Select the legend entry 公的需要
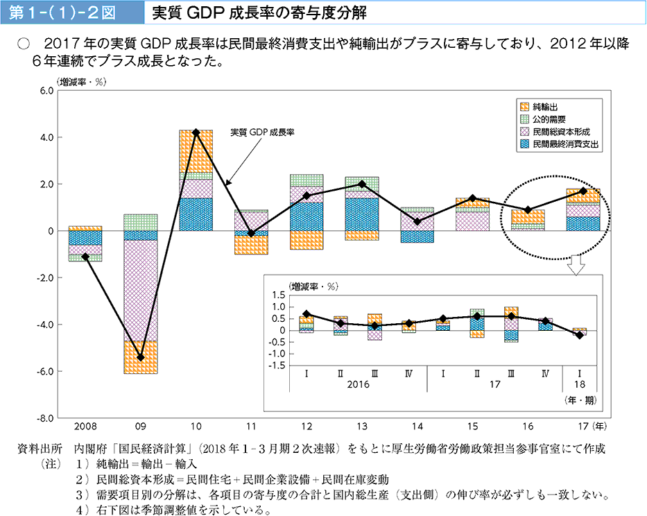[549, 119]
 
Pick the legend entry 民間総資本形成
[560, 131]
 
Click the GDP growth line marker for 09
[141, 358]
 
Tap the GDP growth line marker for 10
[196, 132]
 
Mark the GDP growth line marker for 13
[362, 184]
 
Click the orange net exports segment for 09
[141, 356]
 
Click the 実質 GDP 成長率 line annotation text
[262, 130]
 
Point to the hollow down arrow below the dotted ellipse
[575, 265]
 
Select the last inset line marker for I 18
[578, 335]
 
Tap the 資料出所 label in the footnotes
[39, 449]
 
